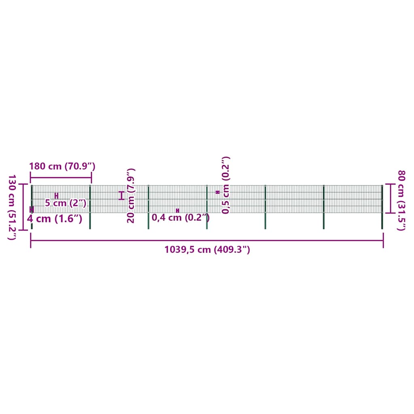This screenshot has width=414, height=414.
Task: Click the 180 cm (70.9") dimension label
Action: [x=62, y=166]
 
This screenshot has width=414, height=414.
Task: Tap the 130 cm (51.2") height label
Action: [x=12, y=207]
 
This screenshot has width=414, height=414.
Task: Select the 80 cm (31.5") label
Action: [x=401, y=201]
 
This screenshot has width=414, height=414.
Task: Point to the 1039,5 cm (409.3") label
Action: [x=207, y=249]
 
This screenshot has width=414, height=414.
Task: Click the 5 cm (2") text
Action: [x=66, y=203]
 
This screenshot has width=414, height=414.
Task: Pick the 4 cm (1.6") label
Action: [x=55, y=219]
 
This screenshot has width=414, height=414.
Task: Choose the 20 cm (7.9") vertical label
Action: [x=131, y=196]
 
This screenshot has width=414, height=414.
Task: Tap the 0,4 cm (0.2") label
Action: [x=181, y=218]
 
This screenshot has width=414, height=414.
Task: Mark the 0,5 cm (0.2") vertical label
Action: [x=226, y=185]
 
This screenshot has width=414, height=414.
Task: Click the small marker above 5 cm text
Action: [x=56, y=196]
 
